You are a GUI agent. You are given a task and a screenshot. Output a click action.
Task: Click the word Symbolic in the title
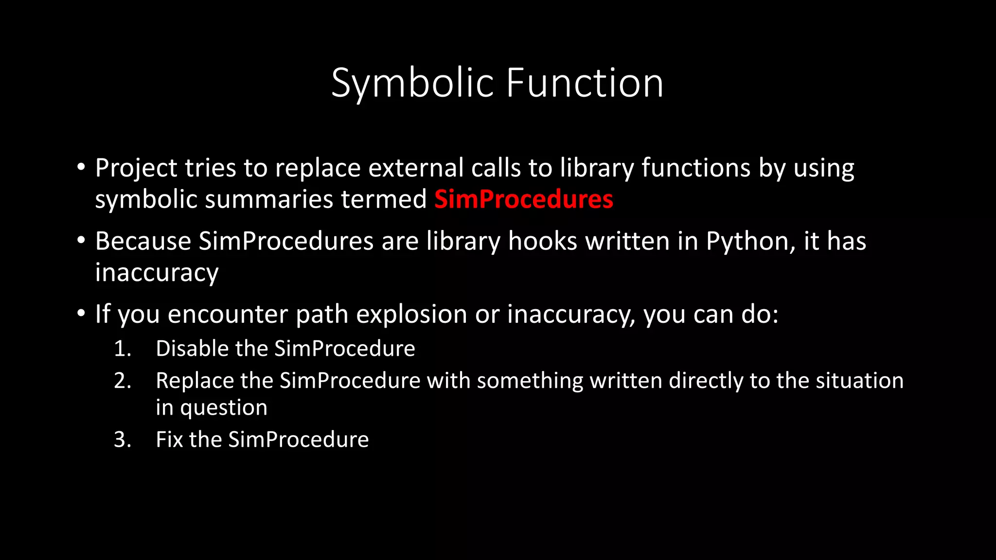click(412, 84)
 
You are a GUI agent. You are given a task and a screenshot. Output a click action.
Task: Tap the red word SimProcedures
click(523, 199)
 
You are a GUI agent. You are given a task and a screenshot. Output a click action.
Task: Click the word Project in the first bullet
click(136, 168)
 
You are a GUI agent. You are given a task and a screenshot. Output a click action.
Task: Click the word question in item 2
click(224, 408)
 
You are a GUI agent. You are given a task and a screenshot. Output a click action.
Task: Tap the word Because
click(143, 242)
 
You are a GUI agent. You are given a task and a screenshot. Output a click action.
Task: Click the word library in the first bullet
click(596, 168)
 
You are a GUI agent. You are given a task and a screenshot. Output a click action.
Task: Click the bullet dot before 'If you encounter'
click(81, 314)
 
